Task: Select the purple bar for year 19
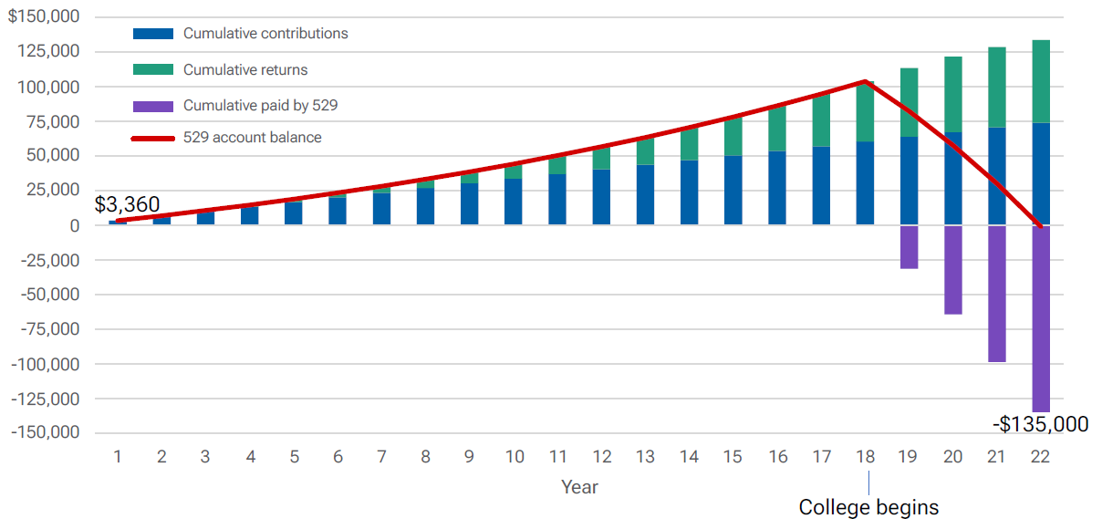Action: pyautogui.click(x=909, y=246)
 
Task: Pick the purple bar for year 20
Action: pyautogui.click(x=953, y=269)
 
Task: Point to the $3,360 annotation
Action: pyautogui.click(x=127, y=204)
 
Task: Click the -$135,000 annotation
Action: pyautogui.click(x=1040, y=424)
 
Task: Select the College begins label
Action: pyautogui.click(x=868, y=507)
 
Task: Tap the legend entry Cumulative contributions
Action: pyautogui.click(x=265, y=34)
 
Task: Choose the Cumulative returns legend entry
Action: pyautogui.click(x=245, y=69)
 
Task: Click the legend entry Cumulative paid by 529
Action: pyautogui.click(x=260, y=105)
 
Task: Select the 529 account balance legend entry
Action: pyautogui.click(x=252, y=138)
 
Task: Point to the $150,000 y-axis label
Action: pyautogui.click(x=43, y=17)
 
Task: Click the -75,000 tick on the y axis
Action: pyautogui.click(x=47, y=329)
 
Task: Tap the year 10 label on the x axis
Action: pyautogui.click(x=514, y=457)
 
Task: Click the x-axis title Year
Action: pyautogui.click(x=579, y=487)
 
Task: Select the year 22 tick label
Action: pyautogui.click(x=1041, y=457)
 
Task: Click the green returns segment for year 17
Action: pyautogui.click(x=821, y=119)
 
